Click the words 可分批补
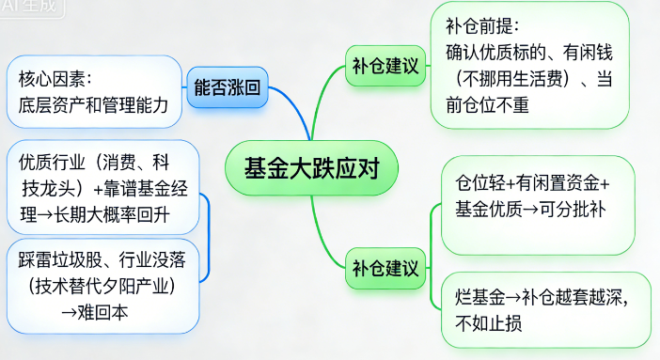point(573,208)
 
